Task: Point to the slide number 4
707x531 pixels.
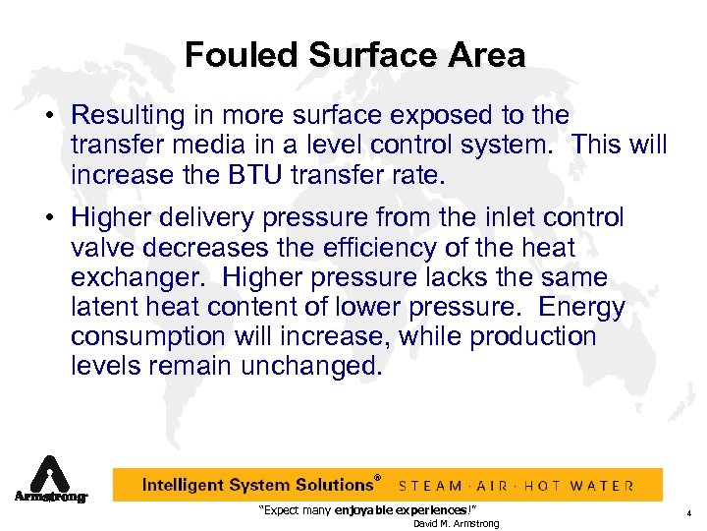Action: pyautogui.click(x=689, y=512)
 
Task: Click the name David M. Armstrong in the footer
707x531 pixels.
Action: pyautogui.click(x=456, y=523)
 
